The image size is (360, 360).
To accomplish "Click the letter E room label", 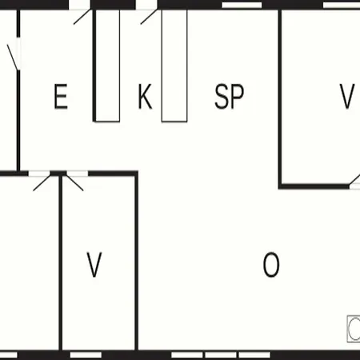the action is point(61,96).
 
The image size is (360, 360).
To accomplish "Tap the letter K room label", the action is point(145,96).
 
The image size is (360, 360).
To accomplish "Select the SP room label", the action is point(230,96).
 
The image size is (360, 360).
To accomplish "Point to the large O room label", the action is point(271,265).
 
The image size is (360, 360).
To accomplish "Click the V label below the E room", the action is point(94,265).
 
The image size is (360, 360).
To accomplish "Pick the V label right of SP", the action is point(347,96).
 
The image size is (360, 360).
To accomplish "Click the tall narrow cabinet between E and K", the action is point(107,66).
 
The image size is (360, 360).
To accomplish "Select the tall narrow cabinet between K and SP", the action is point(174,66).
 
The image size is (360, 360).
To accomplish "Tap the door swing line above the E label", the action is point(82,17).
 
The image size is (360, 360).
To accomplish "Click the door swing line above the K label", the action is point(149,17).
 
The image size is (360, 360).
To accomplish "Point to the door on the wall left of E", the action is point(13,58).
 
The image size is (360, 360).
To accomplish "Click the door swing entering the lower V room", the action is point(74,183).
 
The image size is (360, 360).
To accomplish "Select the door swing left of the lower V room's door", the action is point(42,183).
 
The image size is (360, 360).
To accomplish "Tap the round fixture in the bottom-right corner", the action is point(354,329).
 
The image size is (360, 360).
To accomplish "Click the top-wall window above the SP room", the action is point(242,5).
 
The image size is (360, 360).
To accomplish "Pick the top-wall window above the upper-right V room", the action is point(342,5).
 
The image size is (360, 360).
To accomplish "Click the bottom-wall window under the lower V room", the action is point(86,355).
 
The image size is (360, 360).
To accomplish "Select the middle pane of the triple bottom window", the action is point(221,355).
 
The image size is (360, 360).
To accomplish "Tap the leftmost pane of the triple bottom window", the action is point(187,355).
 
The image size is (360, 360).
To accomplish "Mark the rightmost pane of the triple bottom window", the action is point(254,355).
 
